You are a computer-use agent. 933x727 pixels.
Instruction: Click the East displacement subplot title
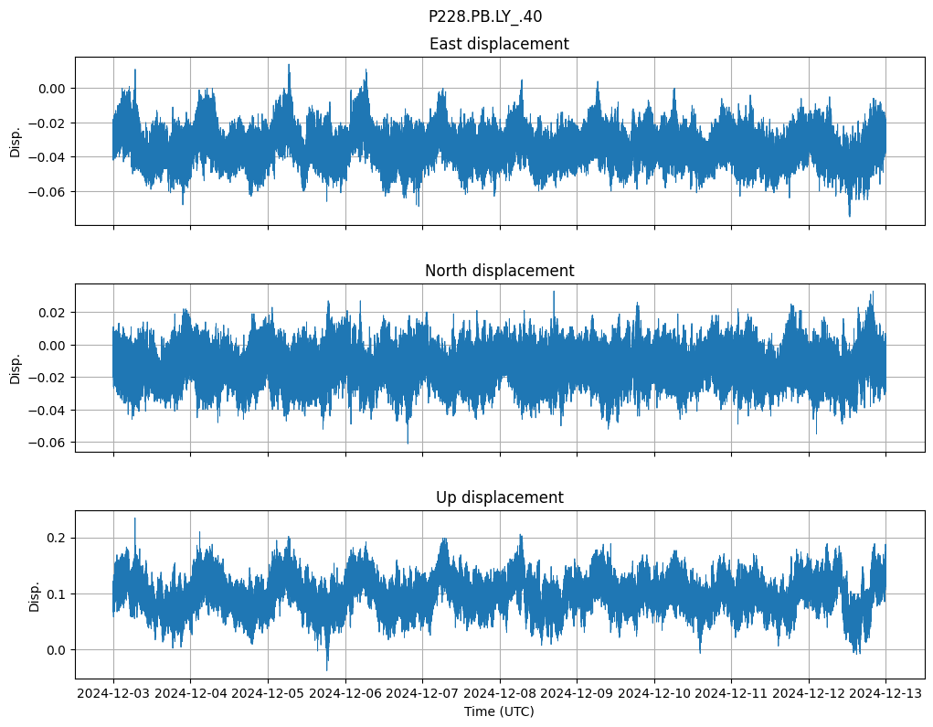499,44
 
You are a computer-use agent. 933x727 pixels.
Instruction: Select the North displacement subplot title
499,271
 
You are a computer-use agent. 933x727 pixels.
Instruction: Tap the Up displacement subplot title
499,497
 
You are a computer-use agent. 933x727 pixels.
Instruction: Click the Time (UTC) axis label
499,711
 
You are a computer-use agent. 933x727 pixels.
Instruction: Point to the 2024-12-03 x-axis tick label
113,694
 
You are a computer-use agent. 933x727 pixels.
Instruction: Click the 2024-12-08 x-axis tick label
500,694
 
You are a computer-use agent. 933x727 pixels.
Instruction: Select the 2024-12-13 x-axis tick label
885,694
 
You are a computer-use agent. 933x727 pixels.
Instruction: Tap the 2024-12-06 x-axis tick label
345,694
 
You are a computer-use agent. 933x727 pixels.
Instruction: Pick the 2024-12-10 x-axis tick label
654,694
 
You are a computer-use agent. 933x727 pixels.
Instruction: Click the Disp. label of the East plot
16,141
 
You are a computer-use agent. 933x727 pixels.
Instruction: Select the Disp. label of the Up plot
35,594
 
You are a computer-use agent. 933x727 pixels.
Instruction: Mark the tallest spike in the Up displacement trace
135,519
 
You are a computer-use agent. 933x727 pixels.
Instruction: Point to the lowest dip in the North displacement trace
408,443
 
